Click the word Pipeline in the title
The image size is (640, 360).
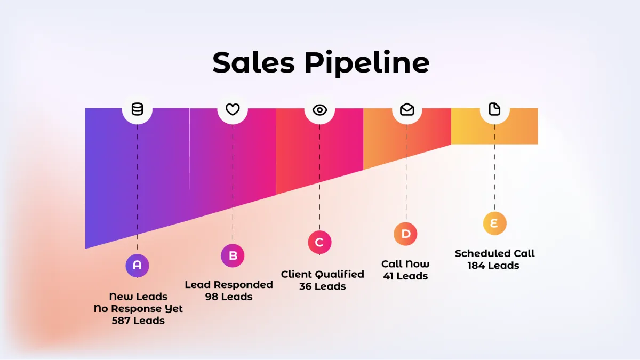pyautogui.click(x=367, y=63)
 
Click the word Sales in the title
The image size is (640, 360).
pyautogui.click(x=253, y=62)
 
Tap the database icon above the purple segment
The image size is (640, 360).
pyautogui.click(x=137, y=109)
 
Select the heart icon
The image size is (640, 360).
pyautogui.click(x=233, y=109)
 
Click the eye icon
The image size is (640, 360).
pyautogui.click(x=319, y=110)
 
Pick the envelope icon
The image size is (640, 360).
pyautogui.click(x=407, y=109)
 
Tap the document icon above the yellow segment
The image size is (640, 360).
pyautogui.click(x=494, y=109)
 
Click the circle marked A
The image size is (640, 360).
pyautogui.click(x=137, y=265)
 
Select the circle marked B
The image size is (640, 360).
pyautogui.click(x=233, y=256)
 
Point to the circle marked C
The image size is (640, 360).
pyautogui.click(x=319, y=243)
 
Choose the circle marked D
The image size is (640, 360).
pyautogui.click(x=406, y=234)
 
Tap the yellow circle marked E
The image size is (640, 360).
pyautogui.click(x=494, y=223)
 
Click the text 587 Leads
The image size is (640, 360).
pyautogui.click(x=138, y=321)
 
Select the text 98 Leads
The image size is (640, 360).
pyautogui.click(x=229, y=297)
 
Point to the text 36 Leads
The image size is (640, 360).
pyautogui.click(x=322, y=286)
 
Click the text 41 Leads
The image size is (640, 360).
pyautogui.click(x=405, y=276)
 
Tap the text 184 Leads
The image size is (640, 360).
pyautogui.click(x=493, y=266)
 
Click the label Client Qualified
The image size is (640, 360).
pyautogui.click(x=322, y=274)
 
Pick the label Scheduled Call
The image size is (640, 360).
pyautogui.click(x=494, y=253)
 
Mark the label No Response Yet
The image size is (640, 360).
pyautogui.click(x=138, y=309)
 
